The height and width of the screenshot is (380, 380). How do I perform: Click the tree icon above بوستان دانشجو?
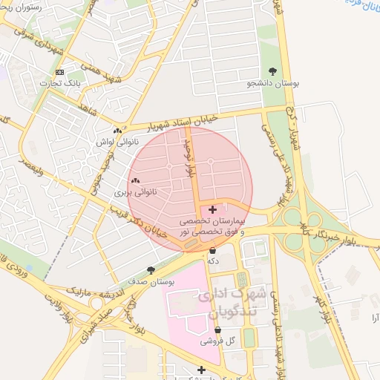pos(273,72)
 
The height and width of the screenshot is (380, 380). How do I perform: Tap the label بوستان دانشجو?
pos(273,85)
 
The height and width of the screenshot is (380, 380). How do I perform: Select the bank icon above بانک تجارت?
pos(60,72)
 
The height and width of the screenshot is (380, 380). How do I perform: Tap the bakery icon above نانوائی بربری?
pos(135,180)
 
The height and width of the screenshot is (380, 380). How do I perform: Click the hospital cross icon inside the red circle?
pos(213,210)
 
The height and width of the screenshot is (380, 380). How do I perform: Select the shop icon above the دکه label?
pos(213,250)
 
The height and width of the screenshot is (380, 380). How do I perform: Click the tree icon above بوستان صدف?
pos(151,270)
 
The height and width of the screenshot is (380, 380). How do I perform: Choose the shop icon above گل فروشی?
pos(217,330)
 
